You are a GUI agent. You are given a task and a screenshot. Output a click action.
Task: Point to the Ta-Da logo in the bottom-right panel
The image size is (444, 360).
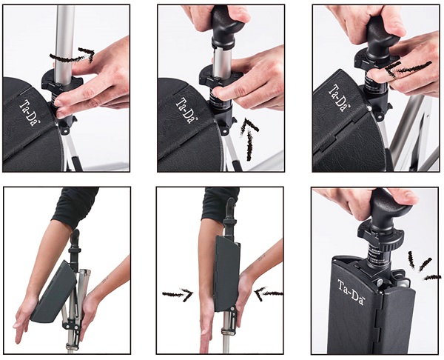[x=351, y=292]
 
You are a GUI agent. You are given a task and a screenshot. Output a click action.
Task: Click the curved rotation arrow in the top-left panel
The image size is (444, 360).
[x=73, y=57]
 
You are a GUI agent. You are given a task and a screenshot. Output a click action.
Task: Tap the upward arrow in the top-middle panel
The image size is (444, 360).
[x=249, y=139]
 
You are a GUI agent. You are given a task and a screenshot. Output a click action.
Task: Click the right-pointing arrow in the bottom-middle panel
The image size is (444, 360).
[x=178, y=295]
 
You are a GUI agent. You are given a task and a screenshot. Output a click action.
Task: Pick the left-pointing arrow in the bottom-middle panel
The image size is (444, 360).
[x=269, y=293]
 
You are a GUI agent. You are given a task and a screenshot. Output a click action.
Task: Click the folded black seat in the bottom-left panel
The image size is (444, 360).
[x=54, y=293]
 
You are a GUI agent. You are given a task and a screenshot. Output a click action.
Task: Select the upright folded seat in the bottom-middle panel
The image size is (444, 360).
[x=227, y=273]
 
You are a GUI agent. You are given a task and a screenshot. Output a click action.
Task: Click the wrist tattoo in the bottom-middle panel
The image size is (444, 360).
[x=260, y=258]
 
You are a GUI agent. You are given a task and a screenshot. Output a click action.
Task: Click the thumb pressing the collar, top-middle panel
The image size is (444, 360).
[x=223, y=93]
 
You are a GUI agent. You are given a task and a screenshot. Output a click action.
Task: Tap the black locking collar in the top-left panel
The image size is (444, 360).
[x=62, y=80]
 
